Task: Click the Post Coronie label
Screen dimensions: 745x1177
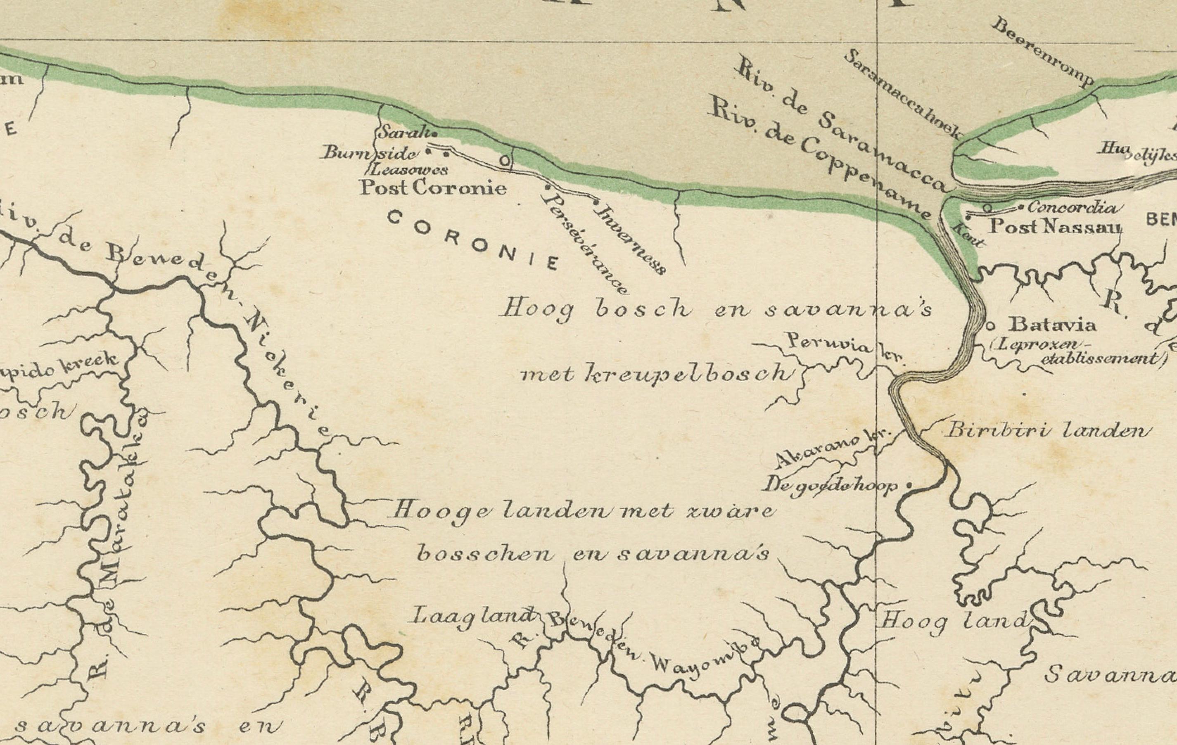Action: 432,188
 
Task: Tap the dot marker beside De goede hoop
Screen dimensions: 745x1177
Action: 909,485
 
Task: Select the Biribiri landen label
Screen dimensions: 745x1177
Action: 1046,431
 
